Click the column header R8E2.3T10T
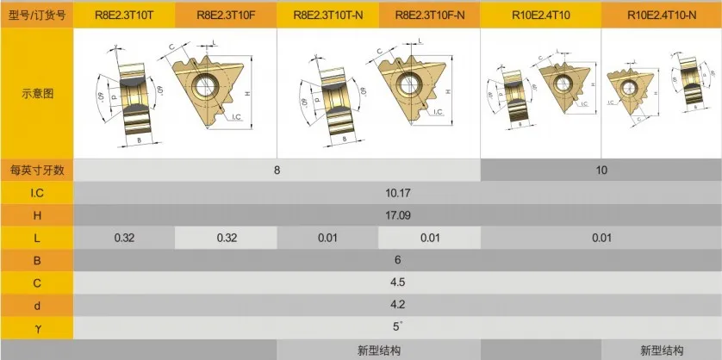(124, 15)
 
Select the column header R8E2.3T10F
(226, 15)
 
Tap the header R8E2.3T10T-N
(327, 15)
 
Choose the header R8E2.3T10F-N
(429, 15)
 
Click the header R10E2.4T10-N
(662, 15)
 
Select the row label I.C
(37, 193)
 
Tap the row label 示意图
(37, 93)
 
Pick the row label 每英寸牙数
(37, 170)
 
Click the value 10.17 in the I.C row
(397, 193)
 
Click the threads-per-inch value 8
(277, 170)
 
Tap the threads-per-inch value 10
(601, 170)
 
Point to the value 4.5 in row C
(397, 282)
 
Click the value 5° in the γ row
(397, 327)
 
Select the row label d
(37, 305)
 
